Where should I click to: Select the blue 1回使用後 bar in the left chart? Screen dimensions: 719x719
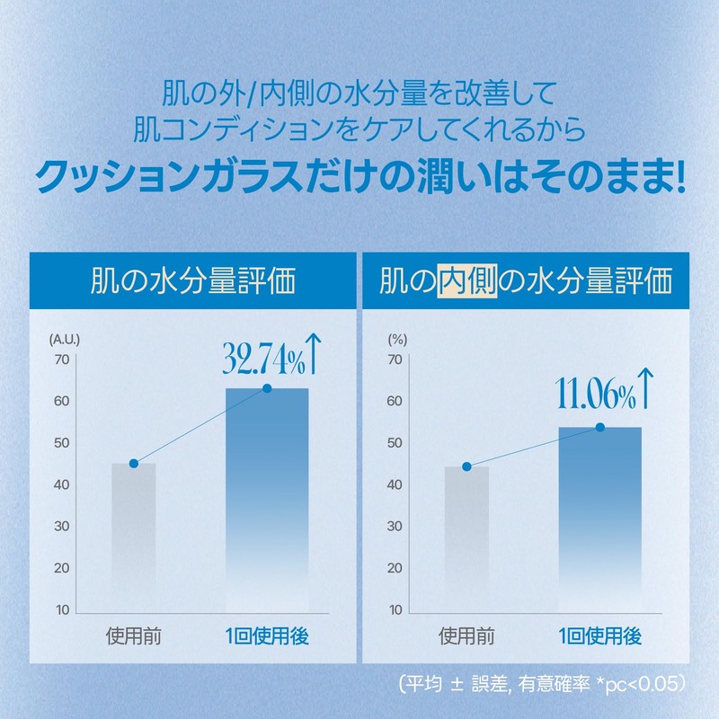pyautogui.click(x=267, y=494)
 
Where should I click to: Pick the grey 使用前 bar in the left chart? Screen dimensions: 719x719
pyautogui.click(x=134, y=530)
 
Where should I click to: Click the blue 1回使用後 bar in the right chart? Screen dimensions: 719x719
pyautogui.click(x=599, y=512)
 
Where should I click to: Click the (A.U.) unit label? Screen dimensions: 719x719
pyautogui.click(x=65, y=339)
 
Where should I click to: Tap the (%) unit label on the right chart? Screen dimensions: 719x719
pyautogui.click(x=396, y=339)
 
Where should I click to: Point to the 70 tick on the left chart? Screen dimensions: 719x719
pyautogui.click(x=62, y=359)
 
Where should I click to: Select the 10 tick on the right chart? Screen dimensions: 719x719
pyautogui.click(x=394, y=610)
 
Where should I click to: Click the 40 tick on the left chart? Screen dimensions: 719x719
pyautogui.click(x=62, y=485)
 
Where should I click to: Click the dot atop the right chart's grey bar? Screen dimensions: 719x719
pyautogui.click(x=466, y=466)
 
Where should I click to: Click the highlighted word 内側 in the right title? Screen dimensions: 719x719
pyautogui.click(x=461, y=281)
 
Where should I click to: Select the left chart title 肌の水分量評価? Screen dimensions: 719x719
pyautogui.click(x=194, y=281)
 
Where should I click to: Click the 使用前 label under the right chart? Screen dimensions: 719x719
pyautogui.click(x=466, y=638)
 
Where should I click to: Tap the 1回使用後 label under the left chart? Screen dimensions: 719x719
pyautogui.click(x=267, y=638)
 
